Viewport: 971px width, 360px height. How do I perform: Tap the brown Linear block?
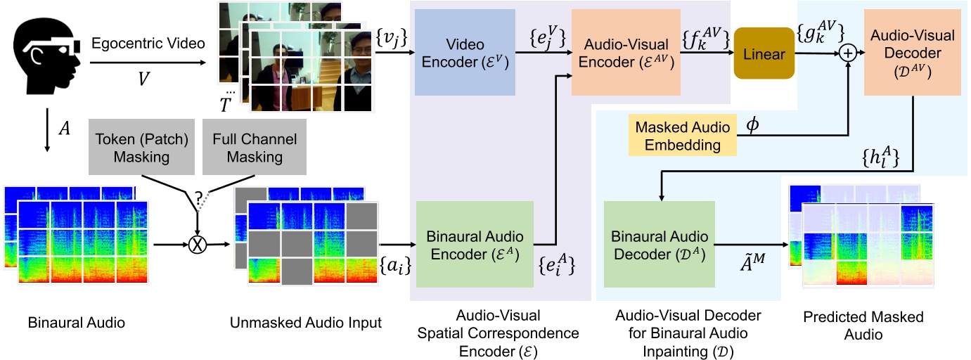click(764, 53)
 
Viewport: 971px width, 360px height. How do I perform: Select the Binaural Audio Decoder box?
click(659, 244)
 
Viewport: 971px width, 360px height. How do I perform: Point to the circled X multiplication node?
click(199, 245)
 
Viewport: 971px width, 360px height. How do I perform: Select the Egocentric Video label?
click(148, 44)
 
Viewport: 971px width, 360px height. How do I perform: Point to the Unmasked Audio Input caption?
click(305, 323)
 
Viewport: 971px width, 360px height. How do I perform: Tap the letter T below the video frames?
click(225, 104)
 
